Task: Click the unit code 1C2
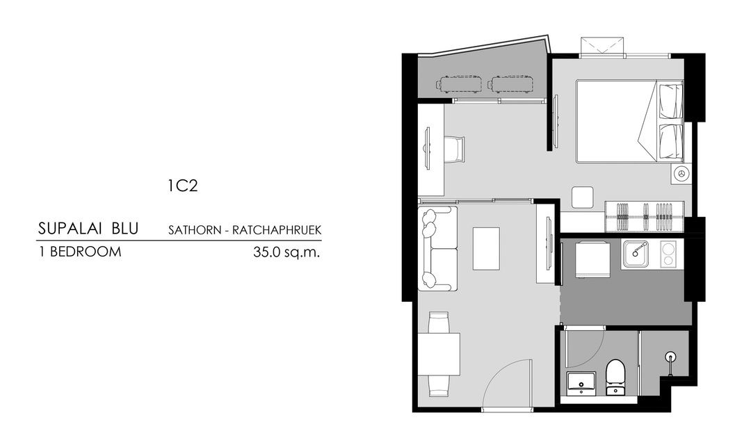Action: point(183,186)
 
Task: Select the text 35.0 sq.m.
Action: point(286,252)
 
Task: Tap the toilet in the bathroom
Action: point(615,375)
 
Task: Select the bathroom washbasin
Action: point(581,382)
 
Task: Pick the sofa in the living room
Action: point(437,248)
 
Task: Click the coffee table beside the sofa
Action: point(485,248)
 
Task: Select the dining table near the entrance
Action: point(438,354)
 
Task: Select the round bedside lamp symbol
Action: point(681,174)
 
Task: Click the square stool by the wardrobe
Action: point(583,197)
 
